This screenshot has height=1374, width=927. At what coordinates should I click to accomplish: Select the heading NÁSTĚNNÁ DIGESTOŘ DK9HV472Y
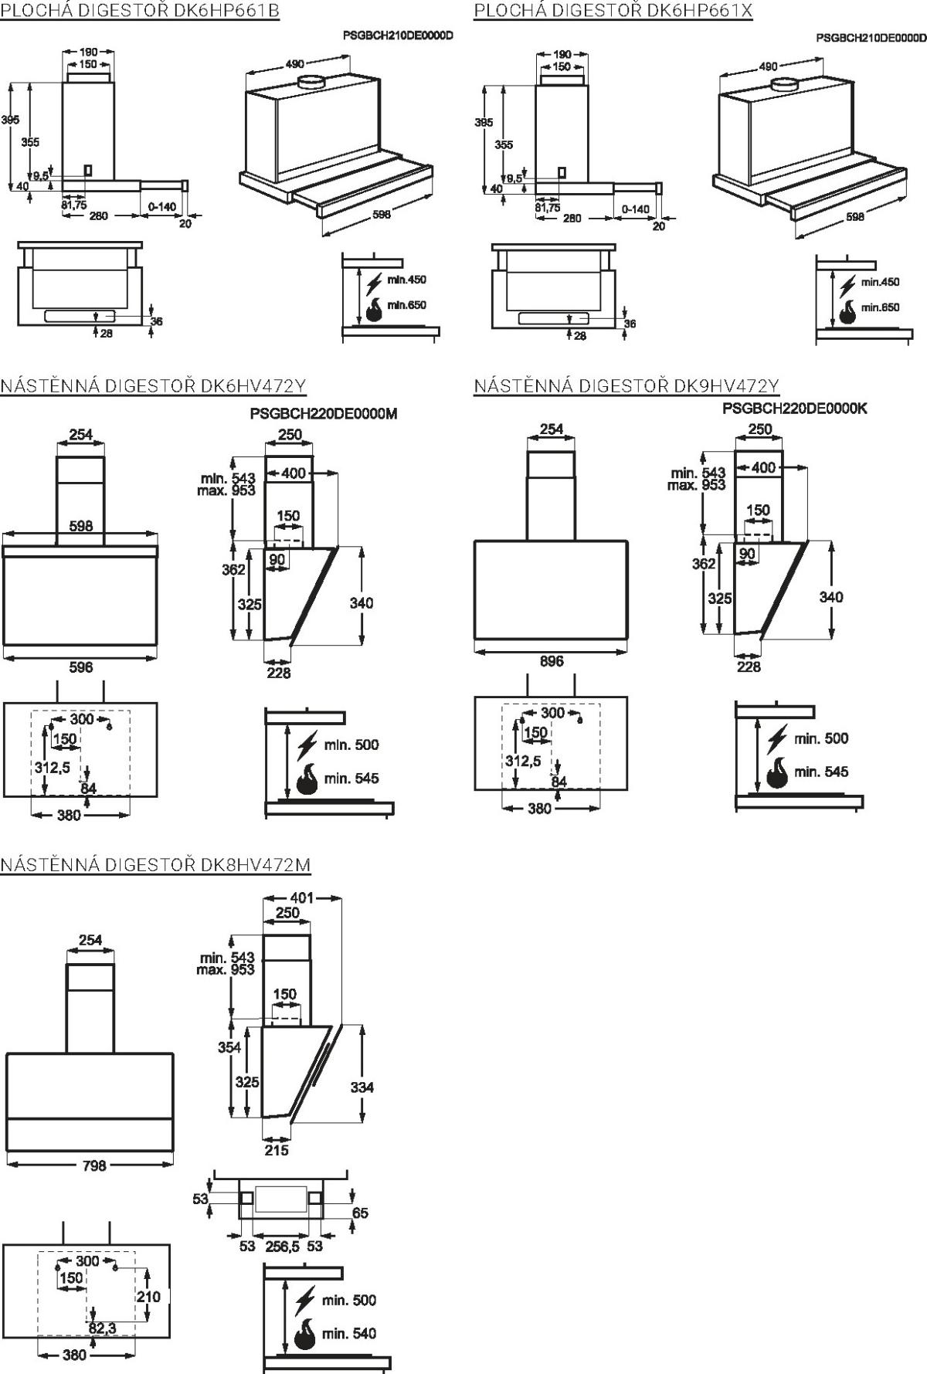coord(626,385)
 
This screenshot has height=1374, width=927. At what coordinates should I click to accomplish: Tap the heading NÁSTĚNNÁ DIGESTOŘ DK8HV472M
coord(155,863)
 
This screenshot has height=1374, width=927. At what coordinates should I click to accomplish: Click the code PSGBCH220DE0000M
coord(323,413)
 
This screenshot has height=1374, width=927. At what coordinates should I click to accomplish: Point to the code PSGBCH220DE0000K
coord(794,409)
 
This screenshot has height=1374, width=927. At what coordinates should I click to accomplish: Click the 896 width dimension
coord(552,661)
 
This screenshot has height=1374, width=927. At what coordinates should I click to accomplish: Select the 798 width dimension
coord(94,1165)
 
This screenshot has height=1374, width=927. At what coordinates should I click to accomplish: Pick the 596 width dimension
coord(81,667)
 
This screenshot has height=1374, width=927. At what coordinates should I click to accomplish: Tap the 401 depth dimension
coord(302,897)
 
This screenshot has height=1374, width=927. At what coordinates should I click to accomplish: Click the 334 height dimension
coord(362,1087)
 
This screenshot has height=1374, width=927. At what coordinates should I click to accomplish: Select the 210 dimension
coord(148,1296)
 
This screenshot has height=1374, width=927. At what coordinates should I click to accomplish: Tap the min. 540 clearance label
coord(349,1334)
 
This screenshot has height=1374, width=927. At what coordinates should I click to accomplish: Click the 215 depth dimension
coord(277,1150)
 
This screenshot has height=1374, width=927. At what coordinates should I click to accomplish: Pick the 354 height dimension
coord(229,1047)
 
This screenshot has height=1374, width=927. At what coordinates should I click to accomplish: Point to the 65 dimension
coord(360,1213)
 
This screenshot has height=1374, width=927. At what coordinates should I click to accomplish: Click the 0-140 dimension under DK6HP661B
coord(161,206)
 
